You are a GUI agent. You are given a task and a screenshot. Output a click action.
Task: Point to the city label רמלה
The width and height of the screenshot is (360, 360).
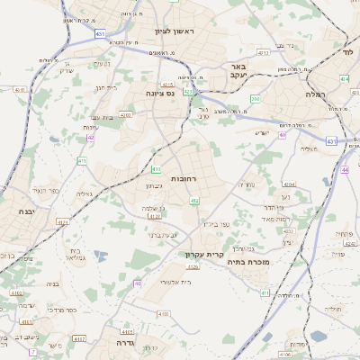tap(314, 93)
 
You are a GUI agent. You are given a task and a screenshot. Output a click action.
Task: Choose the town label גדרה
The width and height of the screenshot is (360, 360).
tap(118, 343)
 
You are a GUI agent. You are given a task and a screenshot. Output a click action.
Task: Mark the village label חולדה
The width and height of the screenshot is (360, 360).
tap(334, 308)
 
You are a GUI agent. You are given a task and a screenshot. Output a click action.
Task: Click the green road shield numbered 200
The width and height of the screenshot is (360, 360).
tap(256, 99)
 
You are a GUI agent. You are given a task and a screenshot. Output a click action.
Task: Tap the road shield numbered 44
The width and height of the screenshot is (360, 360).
tap(346, 169)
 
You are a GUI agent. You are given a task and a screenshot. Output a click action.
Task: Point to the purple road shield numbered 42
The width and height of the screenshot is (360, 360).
tap(91, 138)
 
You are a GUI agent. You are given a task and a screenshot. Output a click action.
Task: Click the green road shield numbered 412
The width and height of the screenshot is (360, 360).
tap(194, 201)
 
